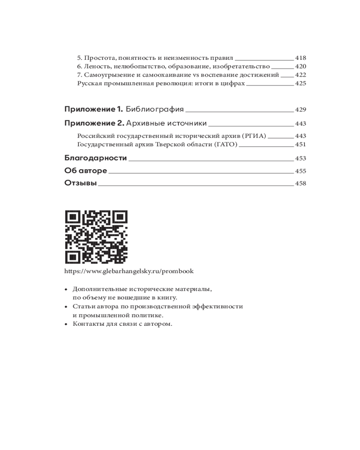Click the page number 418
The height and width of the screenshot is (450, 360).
click(300, 58)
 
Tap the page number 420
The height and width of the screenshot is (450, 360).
click(300, 67)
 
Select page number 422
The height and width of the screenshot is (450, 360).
click(300, 75)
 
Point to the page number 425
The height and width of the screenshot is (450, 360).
click(300, 84)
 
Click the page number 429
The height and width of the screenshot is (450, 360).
click(300, 110)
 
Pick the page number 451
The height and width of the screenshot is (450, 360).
click(300, 144)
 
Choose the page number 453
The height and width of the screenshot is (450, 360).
click(300, 159)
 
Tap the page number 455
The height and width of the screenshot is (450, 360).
click(300, 171)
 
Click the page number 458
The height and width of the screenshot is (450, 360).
click(300, 184)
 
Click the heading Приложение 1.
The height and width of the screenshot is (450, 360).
click(94, 109)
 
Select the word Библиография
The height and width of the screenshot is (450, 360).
click(155, 109)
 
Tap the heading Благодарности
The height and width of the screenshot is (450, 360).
click(96, 158)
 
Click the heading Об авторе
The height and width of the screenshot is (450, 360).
click(85, 171)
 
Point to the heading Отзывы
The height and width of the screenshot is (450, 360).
click(81, 183)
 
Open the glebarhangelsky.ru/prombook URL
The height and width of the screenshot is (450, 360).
click(129, 272)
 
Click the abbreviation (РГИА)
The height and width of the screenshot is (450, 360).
click(254, 136)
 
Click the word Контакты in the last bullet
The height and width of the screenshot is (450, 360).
click(86, 324)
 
